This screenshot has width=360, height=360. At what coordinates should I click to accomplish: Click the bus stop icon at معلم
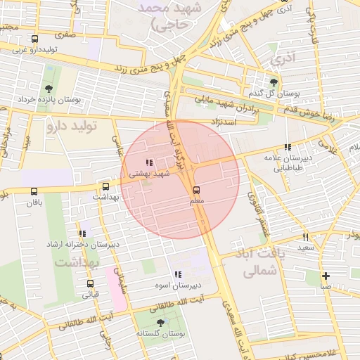coord(196,190)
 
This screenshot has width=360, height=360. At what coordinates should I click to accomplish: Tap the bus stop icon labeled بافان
coord(34,191)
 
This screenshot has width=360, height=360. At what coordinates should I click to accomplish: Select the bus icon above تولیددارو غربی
coord(35,39)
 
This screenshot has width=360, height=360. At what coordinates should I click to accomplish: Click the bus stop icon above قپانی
coord(90,283)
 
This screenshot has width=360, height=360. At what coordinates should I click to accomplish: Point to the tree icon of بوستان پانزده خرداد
coord(48,89)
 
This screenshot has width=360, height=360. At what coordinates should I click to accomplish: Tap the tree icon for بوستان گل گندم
coord(274,82)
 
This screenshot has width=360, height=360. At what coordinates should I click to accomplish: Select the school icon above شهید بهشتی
coord(148,163)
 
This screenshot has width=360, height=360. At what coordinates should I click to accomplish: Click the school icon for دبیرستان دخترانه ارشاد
coord(83,233)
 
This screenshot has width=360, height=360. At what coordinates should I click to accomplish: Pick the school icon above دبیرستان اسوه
coord(177,274)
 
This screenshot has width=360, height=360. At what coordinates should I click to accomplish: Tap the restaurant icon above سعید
coord(305,237)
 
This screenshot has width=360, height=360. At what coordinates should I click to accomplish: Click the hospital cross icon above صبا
coord(326,276)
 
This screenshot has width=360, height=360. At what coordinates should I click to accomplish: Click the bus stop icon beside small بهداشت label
coord(105,187)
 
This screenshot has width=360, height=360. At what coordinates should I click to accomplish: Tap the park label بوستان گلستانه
coord(161,335)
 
